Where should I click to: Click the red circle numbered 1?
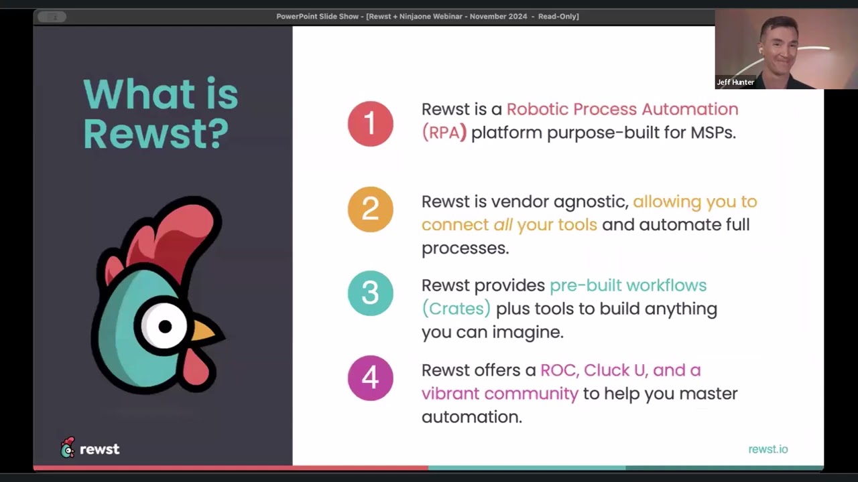pyautogui.click(x=370, y=124)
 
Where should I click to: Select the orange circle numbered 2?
pyautogui.click(x=370, y=210)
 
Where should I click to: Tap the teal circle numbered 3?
pyautogui.click(x=370, y=293)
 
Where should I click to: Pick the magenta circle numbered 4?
pyautogui.click(x=370, y=378)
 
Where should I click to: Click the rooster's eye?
pyautogui.click(x=164, y=327)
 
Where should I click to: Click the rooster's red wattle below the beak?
pyautogui.click(x=195, y=367)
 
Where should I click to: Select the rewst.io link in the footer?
pyautogui.click(x=768, y=449)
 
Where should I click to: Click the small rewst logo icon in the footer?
pyautogui.click(x=68, y=448)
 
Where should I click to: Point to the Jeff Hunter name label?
pyautogui.click(x=735, y=82)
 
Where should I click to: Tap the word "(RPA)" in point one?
pyautogui.click(x=444, y=133)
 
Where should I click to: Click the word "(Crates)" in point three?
pyautogui.click(x=456, y=309)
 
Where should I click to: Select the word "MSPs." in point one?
pyautogui.click(x=713, y=133)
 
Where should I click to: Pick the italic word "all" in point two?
pyautogui.click(x=503, y=225)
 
